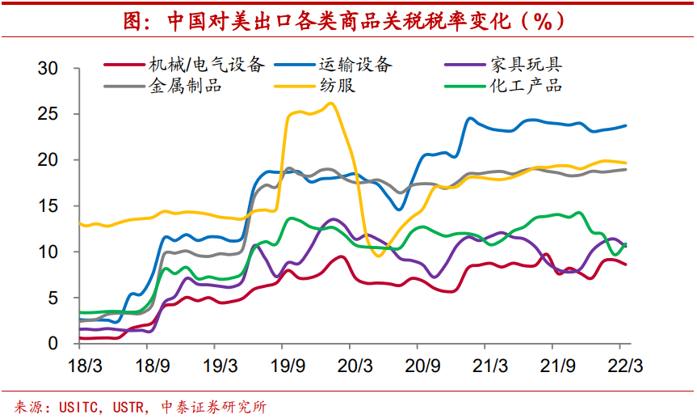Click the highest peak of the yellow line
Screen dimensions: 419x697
pos(331,103)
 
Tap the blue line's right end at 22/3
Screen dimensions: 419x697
pos(626,125)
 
